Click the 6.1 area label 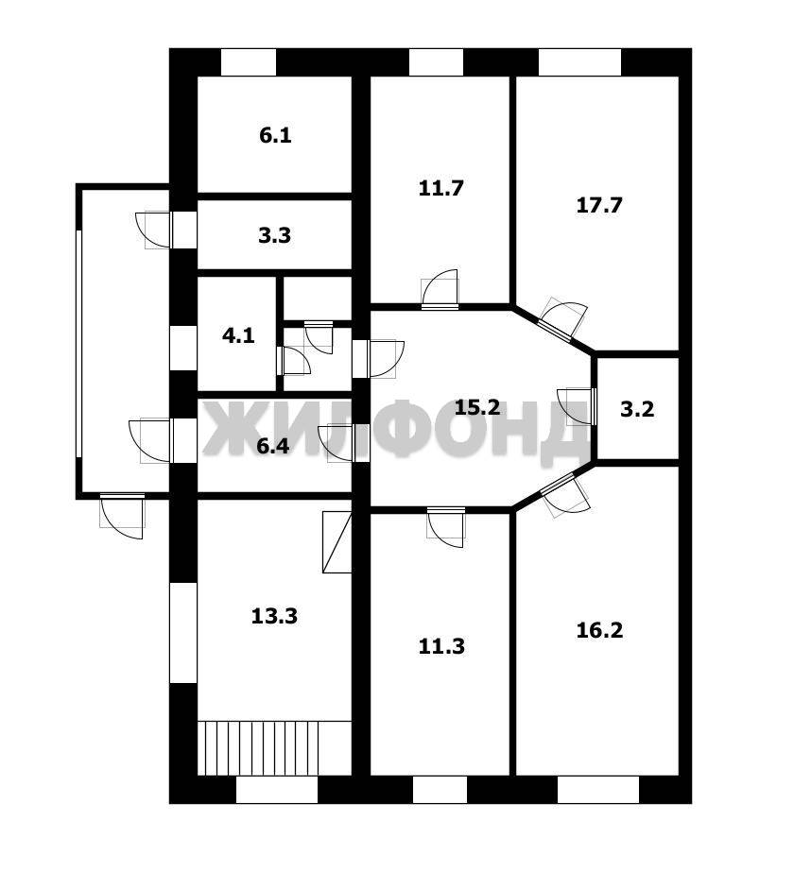pos(275,135)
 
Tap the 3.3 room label pos(274,235)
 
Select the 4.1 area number pos(238,335)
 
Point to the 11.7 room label pos(440,188)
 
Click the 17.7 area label pos(599,205)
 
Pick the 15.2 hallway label pos(477,408)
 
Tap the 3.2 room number pos(637,409)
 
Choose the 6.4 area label pos(272,446)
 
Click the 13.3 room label pos(274,616)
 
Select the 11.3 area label pos(441,646)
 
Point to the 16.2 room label pos(599,630)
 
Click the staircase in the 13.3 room pos(274,747)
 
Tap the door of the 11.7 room pos(440,289)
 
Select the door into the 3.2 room pos(577,406)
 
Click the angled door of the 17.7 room pos(562,318)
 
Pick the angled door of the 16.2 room pos(565,496)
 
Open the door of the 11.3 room pos(445,527)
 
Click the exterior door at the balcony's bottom pos(122,516)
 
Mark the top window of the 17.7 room pos(579,62)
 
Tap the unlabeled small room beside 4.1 pos(318,299)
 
